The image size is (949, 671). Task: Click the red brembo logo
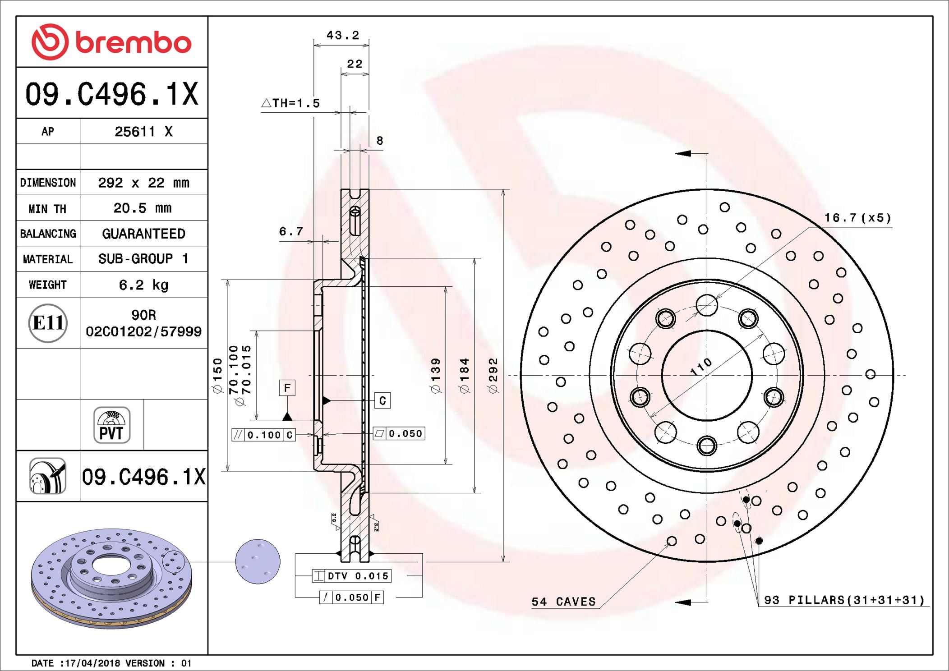click(111, 42)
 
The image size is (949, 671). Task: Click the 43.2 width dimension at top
click(342, 35)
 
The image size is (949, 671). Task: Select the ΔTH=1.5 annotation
click(291, 103)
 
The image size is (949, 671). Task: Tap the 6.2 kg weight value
click(143, 285)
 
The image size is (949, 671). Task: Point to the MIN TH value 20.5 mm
click(143, 208)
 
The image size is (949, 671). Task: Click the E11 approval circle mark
click(48, 323)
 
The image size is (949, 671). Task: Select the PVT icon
click(111, 425)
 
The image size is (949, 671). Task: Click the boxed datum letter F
click(287, 388)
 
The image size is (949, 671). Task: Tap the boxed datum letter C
click(382, 400)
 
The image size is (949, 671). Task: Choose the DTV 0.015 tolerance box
click(352, 576)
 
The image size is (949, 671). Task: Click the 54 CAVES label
click(563, 602)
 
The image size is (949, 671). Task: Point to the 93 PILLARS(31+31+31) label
click(844, 600)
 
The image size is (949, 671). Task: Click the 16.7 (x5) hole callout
click(857, 218)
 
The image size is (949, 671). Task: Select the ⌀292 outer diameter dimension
click(493, 375)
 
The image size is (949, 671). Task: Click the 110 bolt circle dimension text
click(701, 367)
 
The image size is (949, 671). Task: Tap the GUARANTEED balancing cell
click(143, 234)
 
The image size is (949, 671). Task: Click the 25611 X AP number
click(143, 132)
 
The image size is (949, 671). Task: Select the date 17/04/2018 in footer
click(93, 663)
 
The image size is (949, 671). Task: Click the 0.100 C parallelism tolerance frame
click(264, 435)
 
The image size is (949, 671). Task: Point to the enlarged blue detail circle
click(258, 561)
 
